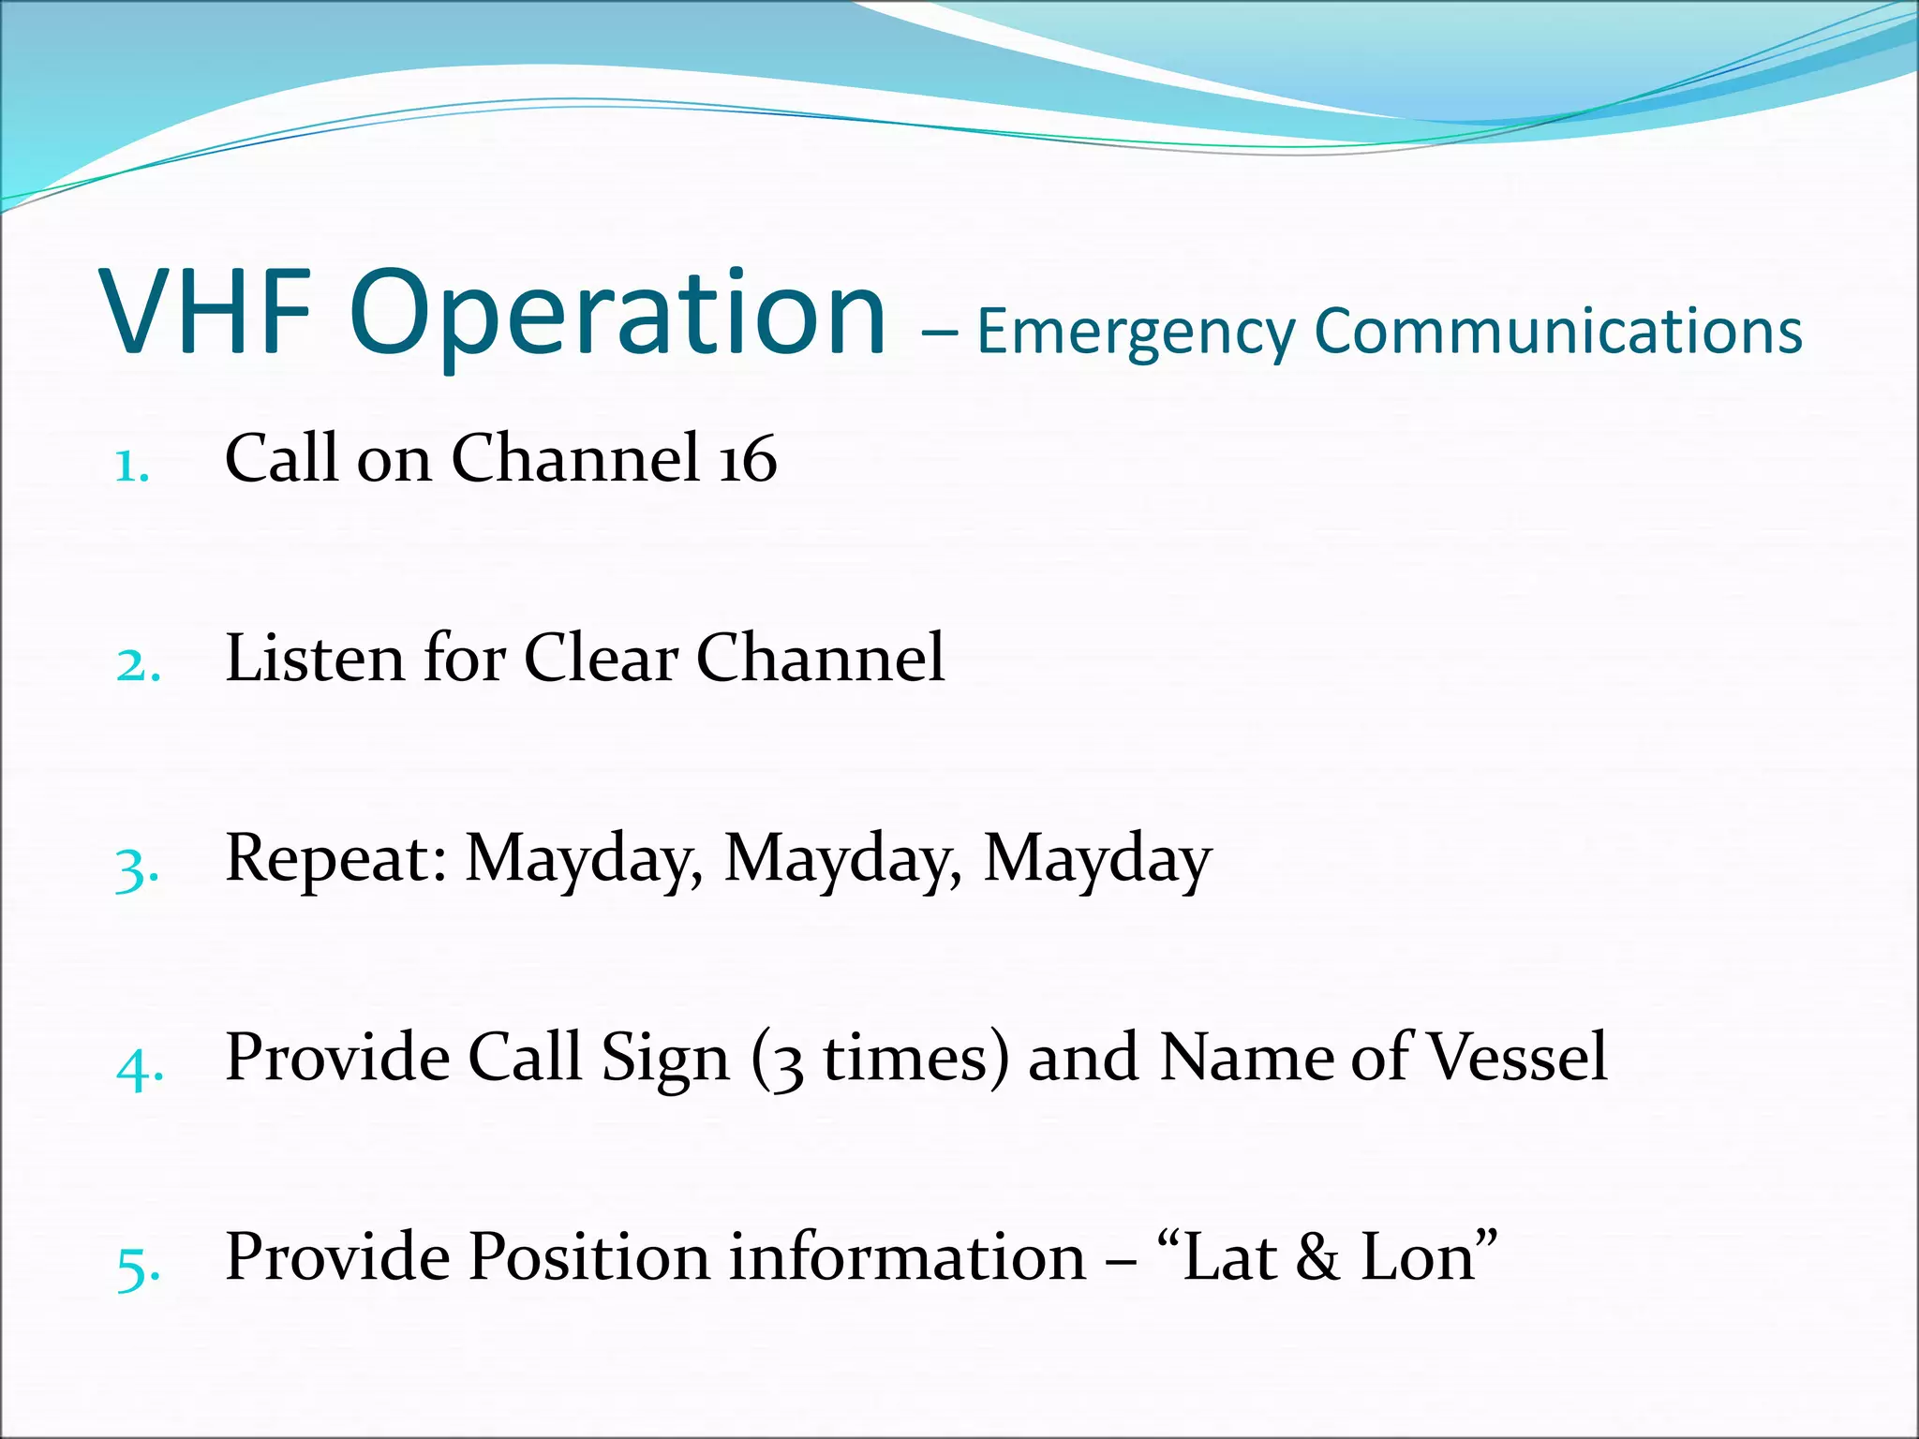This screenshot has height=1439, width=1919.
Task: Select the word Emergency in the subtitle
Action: pos(1134,333)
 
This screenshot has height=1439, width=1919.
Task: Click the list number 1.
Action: pos(131,466)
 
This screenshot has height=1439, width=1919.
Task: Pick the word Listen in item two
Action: pos(314,658)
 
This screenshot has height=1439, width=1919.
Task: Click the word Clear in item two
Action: pos(600,658)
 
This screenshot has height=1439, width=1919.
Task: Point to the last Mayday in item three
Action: pos(1096,860)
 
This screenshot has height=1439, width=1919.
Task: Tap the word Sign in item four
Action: pos(664,1059)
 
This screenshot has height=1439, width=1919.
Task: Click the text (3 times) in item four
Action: pos(880,1059)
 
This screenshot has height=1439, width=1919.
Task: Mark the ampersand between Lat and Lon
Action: pos(1317,1257)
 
